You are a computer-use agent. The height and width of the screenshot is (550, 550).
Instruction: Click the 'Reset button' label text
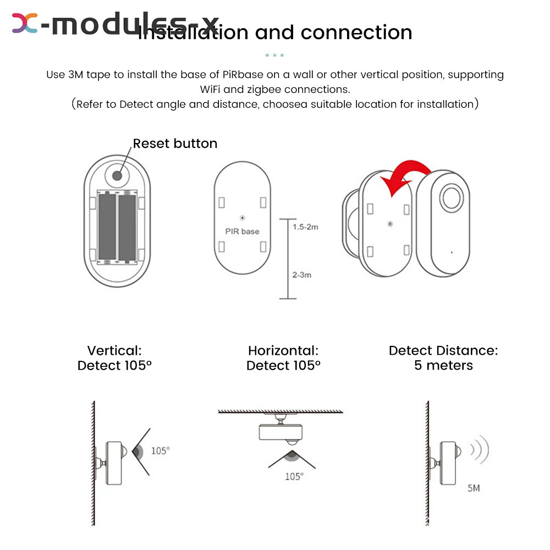(175, 144)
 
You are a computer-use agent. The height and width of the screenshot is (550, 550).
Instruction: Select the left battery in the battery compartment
(107, 226)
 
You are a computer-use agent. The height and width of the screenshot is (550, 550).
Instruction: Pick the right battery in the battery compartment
(127, 226)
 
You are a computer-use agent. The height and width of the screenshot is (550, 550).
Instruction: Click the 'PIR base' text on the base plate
(242, 231)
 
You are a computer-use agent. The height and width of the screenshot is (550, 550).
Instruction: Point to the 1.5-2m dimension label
(304, 227)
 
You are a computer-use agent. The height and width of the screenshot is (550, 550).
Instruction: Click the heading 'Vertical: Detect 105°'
(114, 358)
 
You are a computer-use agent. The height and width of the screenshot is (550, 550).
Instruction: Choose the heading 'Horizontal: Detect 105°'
(283, 358)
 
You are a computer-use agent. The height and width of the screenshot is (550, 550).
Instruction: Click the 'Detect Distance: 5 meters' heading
(443, 358)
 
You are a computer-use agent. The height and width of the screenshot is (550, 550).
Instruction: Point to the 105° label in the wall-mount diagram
(160, 450)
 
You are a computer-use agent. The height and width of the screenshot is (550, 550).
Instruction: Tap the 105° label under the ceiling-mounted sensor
(294, 476)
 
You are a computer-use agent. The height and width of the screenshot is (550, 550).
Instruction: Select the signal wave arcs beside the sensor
(479, 450)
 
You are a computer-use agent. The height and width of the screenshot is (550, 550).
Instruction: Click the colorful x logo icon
(25, 23)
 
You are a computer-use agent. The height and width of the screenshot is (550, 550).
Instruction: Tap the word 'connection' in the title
(356, 32)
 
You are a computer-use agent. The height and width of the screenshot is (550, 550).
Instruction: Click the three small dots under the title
(274, 55)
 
